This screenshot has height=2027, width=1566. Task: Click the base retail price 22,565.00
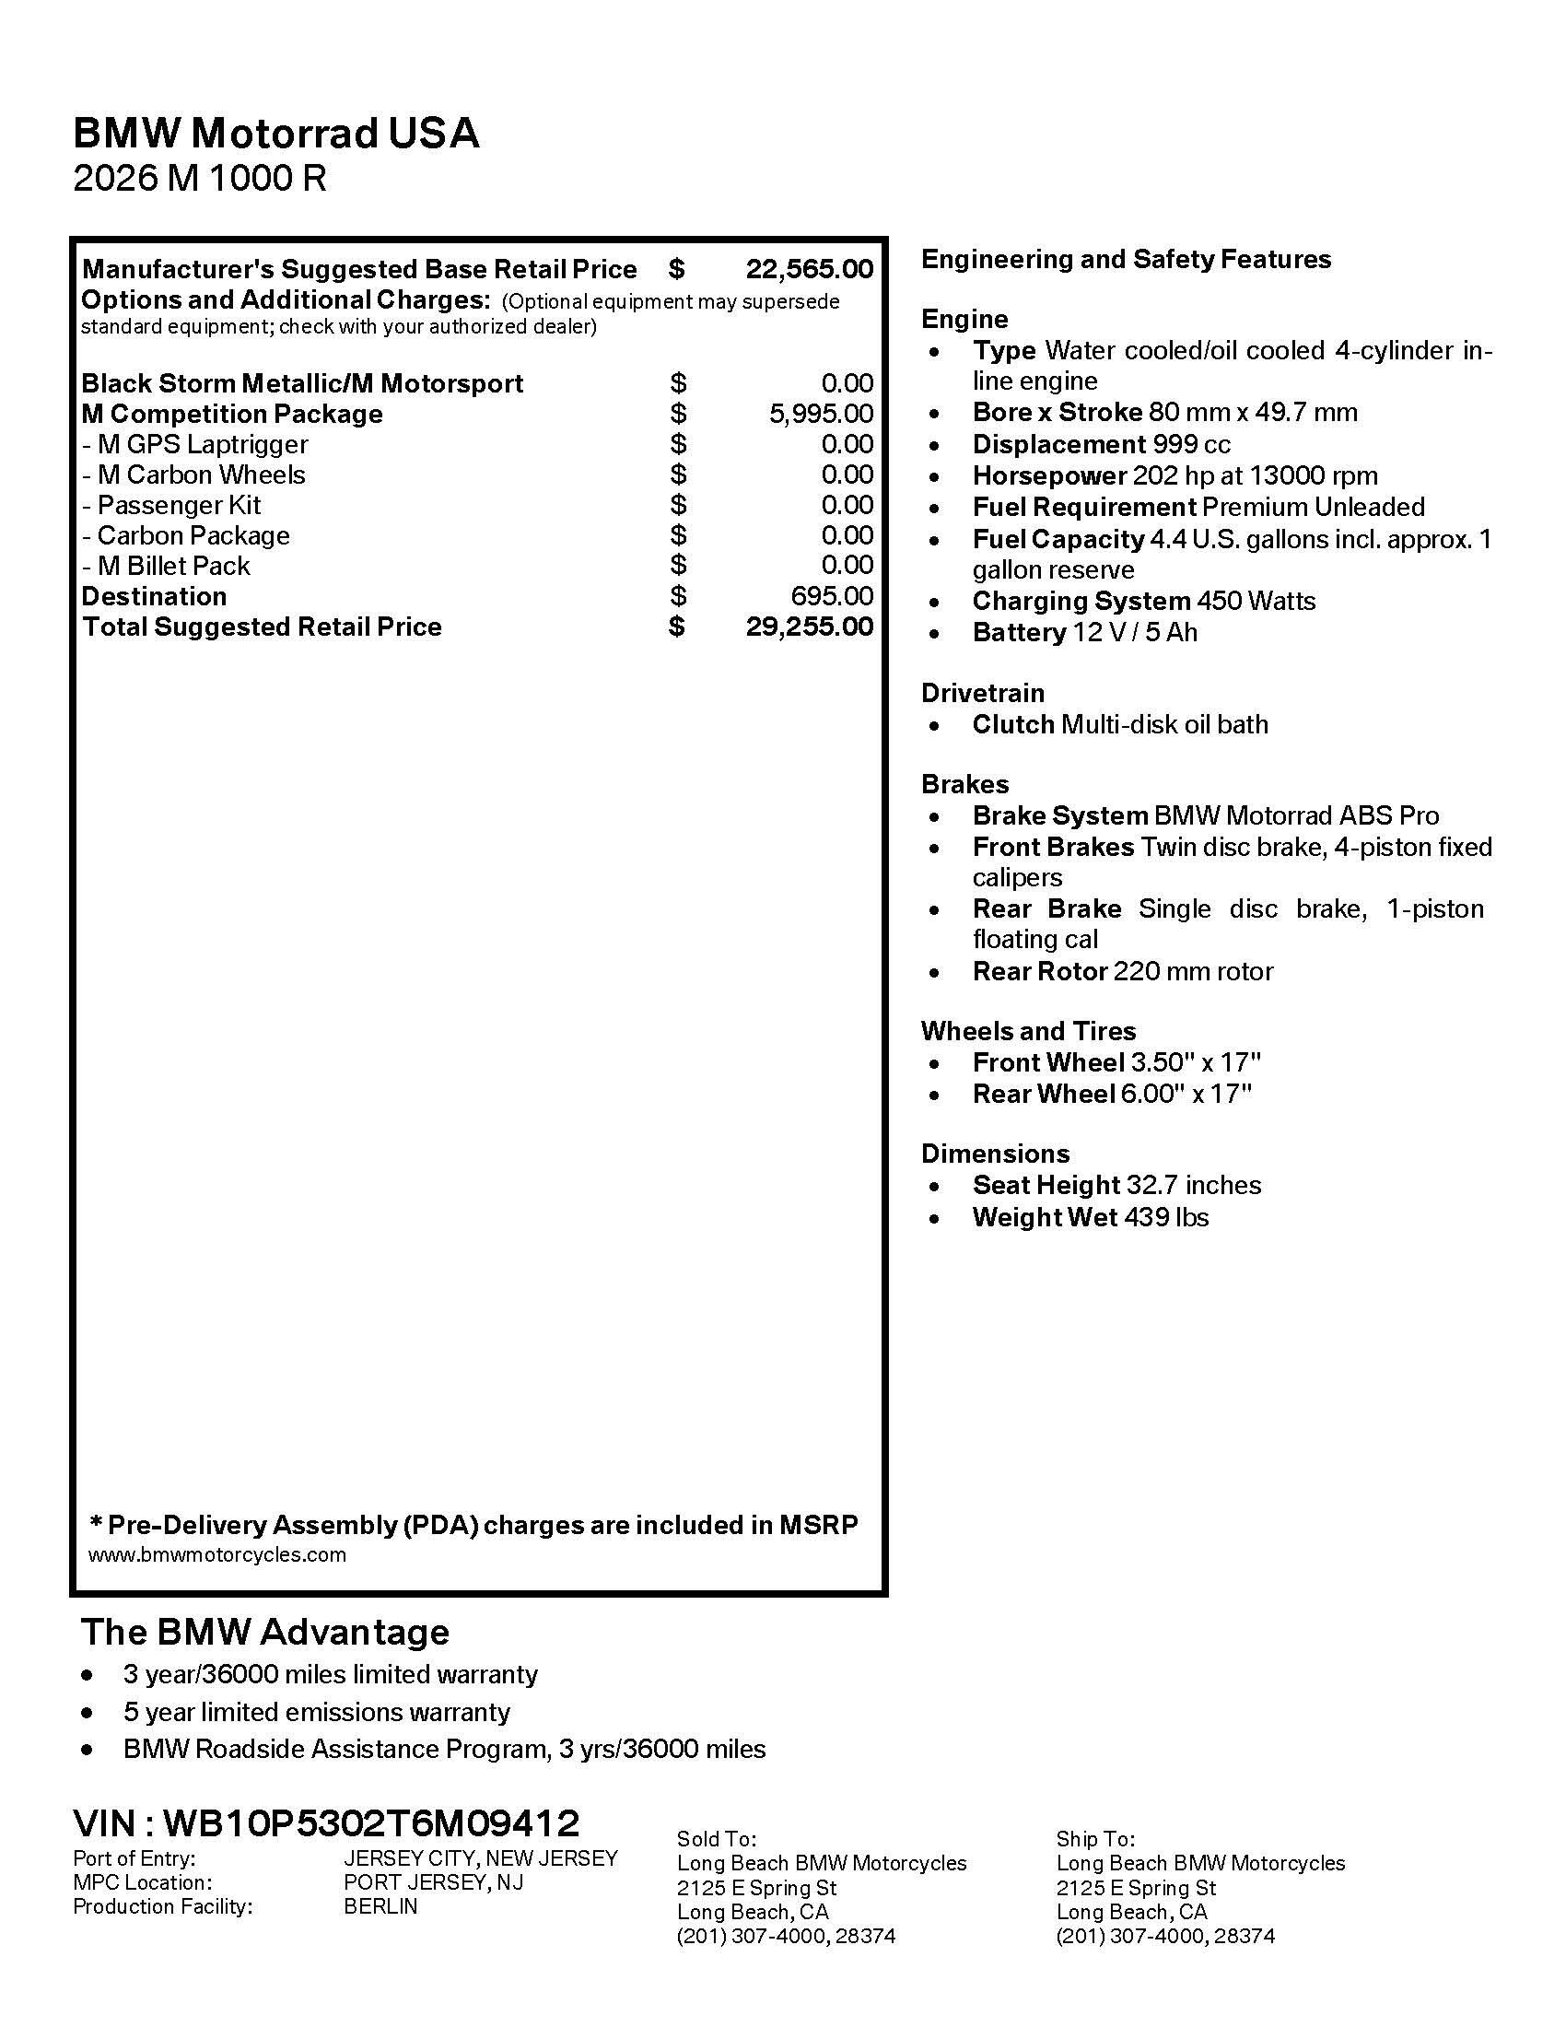click(809, 269)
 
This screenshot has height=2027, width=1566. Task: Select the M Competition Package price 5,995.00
click(821, 414)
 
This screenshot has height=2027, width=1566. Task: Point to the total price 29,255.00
click(809, 627)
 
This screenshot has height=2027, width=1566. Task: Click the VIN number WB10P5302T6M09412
click(371, 1822)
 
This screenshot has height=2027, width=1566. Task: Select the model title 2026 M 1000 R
click(200, 178)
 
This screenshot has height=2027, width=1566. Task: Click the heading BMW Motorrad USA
click(275, 134)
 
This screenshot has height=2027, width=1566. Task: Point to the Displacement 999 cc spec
click(1101, 445)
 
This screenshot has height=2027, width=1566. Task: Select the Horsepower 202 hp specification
click(1174, 476)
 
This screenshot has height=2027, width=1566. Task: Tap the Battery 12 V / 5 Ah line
click(1084, 633)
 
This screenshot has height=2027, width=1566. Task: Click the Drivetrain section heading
click(983, 693)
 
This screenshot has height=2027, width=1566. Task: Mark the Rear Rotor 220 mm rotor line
click(1123, 972)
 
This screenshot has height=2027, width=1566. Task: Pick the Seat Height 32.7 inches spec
click(1117, 1185)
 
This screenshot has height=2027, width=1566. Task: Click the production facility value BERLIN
click(380, 1906)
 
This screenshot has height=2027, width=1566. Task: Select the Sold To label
click(716, 1839)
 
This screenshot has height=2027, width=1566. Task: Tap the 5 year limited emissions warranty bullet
click(316, 1712)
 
